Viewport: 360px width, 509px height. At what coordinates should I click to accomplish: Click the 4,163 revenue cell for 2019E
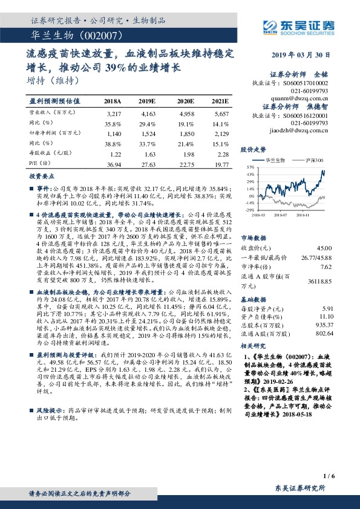click(x=148, y=114)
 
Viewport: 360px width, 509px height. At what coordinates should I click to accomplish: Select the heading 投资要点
click(x=42, y=176)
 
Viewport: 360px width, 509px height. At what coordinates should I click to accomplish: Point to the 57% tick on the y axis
click(x=250, y=166)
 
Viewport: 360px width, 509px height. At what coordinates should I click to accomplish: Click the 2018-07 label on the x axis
click(x=280, y=214)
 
